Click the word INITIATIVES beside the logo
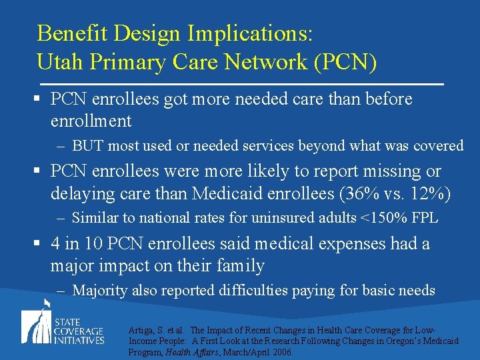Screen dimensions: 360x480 tap(80, 340)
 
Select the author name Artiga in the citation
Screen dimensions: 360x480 tap(140, 331)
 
